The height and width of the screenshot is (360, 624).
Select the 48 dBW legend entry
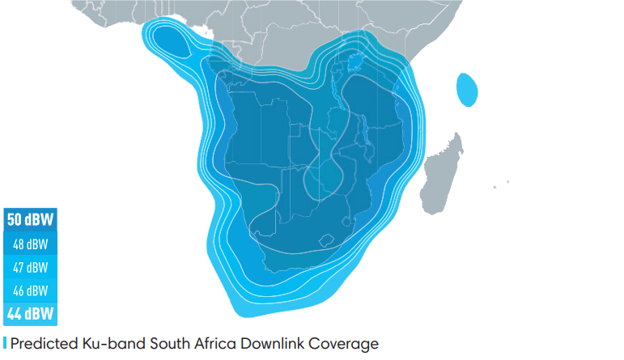pyautogui.click(x=30, y=244)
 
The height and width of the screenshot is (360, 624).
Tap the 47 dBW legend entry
pyautogui.click(x=30, y=267)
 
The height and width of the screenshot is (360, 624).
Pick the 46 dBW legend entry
pyautogui.click(x=30, y=290)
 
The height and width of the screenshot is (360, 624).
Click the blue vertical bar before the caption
pyautogui.click(x=5, y=344)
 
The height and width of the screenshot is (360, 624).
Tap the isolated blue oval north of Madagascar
pyautogui.click(x=467, y=90)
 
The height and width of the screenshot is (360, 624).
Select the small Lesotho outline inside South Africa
pyautogui.click(x=327, y=240)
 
